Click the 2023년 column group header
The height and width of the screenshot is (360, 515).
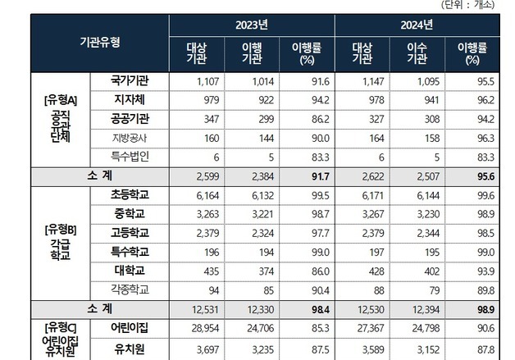(251, 25)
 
